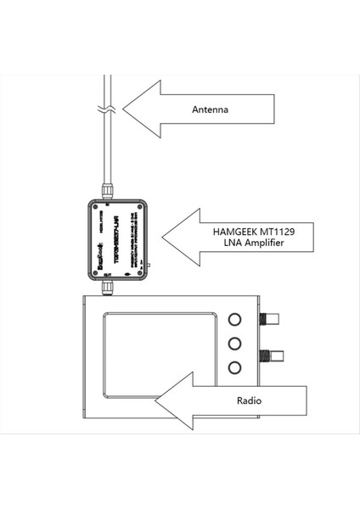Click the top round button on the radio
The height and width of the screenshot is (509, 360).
[235, 321]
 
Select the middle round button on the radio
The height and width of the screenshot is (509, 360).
[235, 344]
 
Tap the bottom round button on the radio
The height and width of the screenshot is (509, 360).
[235, 367]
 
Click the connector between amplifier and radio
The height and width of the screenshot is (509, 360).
[106, 288]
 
